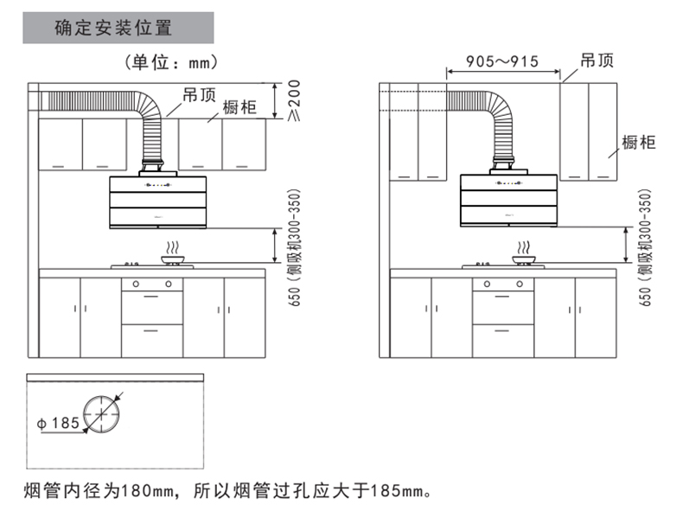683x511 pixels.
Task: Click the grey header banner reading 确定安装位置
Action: click(x=118, y=27)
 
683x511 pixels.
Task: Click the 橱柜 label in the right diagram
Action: click(x=639, y=143)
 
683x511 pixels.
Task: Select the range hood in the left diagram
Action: click(x=156, y=203)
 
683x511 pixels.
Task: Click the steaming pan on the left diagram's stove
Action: click(x=174, y=255)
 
